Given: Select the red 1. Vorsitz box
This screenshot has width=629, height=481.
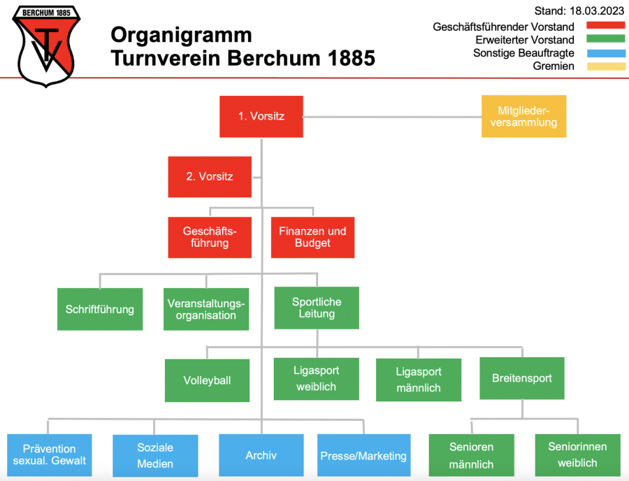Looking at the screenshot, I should coord(261,117).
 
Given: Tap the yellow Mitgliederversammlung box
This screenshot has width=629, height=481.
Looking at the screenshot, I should coord(523,116).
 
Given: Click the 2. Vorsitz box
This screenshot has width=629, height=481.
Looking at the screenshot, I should coord(210,177).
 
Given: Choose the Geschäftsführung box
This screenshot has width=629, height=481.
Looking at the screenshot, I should coord(210,237).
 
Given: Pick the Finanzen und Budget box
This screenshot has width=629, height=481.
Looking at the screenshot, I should coord(312,237).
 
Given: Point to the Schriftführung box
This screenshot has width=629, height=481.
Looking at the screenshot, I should coord(100,309).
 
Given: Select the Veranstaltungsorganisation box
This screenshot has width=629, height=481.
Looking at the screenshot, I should coord(206,309).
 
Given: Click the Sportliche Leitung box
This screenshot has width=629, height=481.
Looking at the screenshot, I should coord(317,308).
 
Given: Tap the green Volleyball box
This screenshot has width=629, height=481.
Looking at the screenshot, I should coord(207,380).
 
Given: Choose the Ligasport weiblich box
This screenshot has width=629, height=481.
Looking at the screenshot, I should coord(316,379).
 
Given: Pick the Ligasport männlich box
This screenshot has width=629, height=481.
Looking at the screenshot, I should coord(418,380).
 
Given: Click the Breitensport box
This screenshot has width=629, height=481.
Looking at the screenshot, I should coord(521,378).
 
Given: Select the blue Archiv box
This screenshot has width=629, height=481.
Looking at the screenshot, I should coord(261,455).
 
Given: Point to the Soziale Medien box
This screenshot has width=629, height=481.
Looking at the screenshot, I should coord(155,455).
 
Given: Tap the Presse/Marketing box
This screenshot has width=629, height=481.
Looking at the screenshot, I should coord(363,456).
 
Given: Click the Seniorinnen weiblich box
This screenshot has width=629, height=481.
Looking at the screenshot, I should coord(577,454).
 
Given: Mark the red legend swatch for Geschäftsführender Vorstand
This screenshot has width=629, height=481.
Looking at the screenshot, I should coord(605,26).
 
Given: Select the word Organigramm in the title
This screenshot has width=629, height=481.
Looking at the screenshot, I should coord(182,35).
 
